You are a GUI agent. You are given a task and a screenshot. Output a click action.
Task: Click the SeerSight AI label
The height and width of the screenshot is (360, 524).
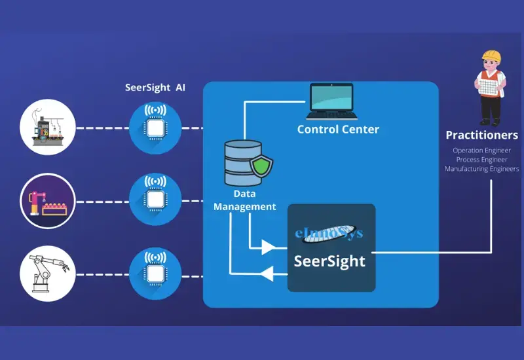click(x=156, y=88)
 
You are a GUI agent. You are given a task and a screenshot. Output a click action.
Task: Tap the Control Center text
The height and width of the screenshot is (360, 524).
click(x=338, y=130)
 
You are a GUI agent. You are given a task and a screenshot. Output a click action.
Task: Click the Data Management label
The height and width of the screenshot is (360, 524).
click(x=246, y=200)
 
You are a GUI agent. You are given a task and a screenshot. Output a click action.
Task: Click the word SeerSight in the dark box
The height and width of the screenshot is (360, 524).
click(x=329, y=261)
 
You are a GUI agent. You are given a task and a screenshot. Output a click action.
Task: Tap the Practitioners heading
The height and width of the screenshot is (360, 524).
click(x=481, y=135)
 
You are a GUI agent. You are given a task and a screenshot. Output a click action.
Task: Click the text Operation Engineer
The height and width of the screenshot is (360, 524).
click(x=481, y=150)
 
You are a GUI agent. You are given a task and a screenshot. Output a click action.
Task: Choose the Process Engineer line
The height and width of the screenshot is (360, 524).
click(x=481, y=159)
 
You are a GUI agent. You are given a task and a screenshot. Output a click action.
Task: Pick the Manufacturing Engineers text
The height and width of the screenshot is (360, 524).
click(x=481, y=169)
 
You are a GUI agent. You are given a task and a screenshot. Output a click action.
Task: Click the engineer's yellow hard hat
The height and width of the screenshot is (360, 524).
click(x=491, y=56)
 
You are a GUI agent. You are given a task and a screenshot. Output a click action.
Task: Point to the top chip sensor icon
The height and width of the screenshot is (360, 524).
click(x=156, y=128)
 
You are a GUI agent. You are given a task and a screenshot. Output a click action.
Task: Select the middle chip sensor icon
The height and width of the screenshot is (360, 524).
click(x=156, y=198)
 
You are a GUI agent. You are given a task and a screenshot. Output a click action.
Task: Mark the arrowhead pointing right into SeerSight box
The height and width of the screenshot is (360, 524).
click(x=268, y=247)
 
